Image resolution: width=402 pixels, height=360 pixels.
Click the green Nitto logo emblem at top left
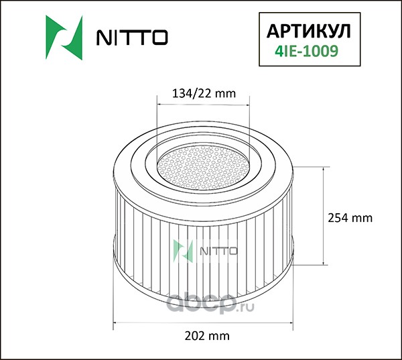(x=64, y=38)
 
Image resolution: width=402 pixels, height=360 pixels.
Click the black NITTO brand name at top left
(x=132, y=38)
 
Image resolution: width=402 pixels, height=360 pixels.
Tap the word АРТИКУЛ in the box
(x=309, y=32)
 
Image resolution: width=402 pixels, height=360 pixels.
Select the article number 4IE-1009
(x=307, y=51)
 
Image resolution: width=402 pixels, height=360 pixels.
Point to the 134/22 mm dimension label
(x=204, y=93)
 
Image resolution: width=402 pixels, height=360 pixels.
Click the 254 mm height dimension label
(x=350, y=218)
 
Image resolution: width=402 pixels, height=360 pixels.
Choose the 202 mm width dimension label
(x=207, y=336)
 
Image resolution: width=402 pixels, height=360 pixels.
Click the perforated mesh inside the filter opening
(x=204, y=168)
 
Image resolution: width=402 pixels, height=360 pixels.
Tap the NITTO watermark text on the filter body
(x=218, y=251)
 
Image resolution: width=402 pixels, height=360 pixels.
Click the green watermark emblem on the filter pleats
(x=183, y=251)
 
